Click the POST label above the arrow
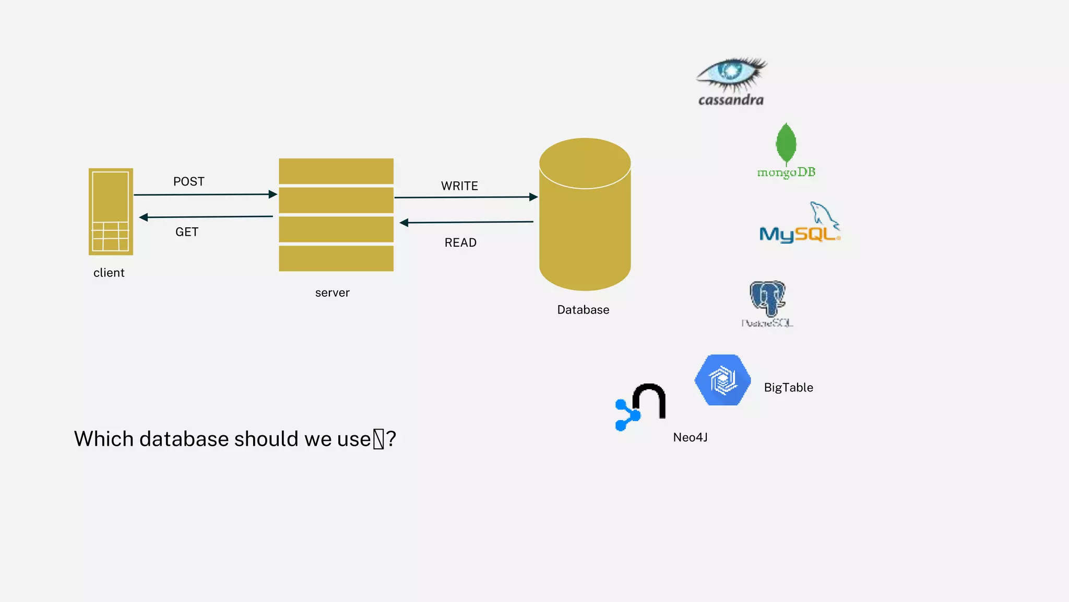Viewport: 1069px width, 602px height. click(x=189, y=181)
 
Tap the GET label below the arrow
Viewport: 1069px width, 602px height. click(x=187, y=232)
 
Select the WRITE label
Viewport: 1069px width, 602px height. click(x=459, y=186)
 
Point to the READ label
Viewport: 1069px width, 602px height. click(x=460, y=242)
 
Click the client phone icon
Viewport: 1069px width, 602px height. click(x=111, y=212)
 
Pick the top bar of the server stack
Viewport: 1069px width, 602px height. click(x=336, y=171)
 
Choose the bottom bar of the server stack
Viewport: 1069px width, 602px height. click(x=336, y=258)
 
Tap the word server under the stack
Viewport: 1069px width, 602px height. click(x=332, y=293)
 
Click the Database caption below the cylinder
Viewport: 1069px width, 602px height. click(x=583, y=310)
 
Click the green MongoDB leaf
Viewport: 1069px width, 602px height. click(x=786, y=143)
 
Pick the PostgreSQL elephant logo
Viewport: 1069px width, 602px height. click(x=767, y=298)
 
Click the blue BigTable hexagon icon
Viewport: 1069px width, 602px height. click(x=723, y=380)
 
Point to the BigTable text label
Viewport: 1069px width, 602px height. click(x=788, y=388)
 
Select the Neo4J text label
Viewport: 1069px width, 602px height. click(x=690, y=437)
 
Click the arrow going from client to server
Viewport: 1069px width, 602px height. click(x=205, y=195)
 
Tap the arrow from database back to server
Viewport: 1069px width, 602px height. click(x=467, y=222)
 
